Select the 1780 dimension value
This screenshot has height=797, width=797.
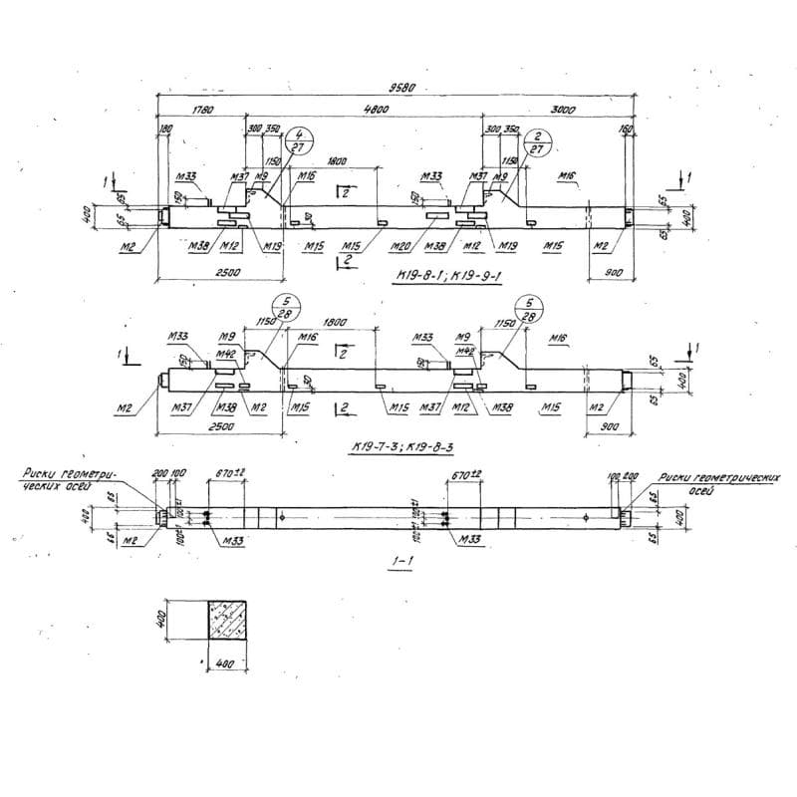201,110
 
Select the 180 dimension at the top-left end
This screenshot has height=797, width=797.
165,130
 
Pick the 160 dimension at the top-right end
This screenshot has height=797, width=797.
625,130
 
